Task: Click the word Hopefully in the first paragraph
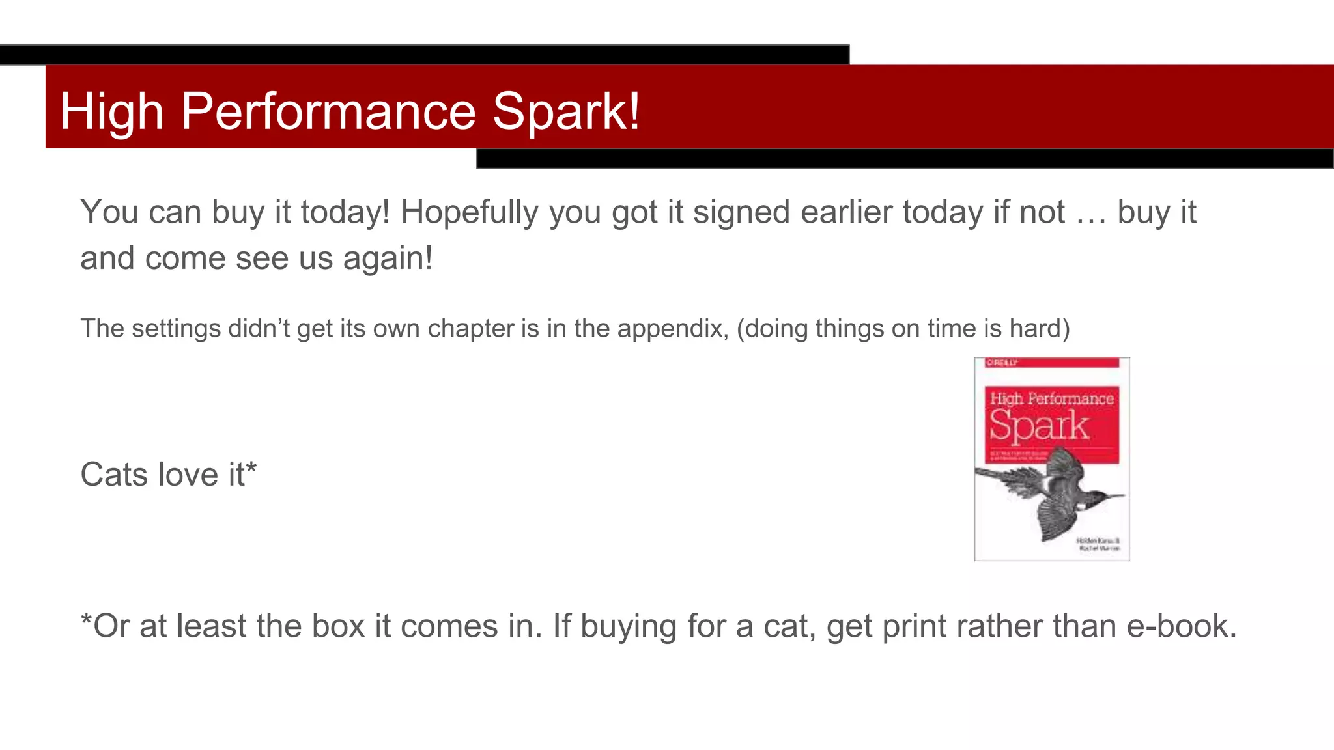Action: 469,213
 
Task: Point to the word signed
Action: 741,213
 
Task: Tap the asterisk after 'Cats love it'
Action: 251,467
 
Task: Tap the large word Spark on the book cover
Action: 1039,427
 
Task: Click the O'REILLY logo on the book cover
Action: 1002,363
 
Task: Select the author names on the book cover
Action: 1098,544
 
